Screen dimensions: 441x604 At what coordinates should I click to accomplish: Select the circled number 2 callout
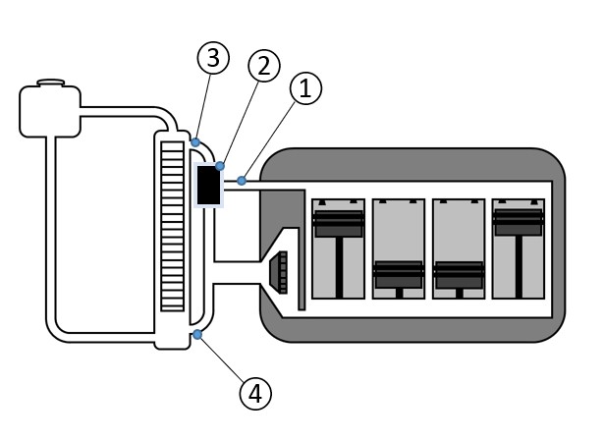[262, 66]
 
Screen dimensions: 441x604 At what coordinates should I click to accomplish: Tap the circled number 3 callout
[212, 58]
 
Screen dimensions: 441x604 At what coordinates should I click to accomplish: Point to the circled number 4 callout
[254, 393]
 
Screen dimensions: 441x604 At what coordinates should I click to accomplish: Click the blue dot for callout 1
[242, 181]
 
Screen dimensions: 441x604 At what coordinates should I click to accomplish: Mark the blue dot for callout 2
[220, 166]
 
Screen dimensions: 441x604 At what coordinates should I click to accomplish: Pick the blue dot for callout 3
[196, 142]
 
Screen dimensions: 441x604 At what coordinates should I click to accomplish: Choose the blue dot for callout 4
[198, 336]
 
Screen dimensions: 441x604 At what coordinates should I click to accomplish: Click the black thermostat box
[208, 186]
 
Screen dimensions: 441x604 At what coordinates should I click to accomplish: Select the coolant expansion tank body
[49, 111]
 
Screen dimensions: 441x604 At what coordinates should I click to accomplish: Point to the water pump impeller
[279, 272]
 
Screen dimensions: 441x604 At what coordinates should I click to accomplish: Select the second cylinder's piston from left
[399, 274]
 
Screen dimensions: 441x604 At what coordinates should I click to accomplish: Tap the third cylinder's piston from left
[459, 274]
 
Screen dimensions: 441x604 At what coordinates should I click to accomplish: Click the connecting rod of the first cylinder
[338, 265]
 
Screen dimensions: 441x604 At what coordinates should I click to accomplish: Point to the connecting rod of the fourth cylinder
[519, 265]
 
